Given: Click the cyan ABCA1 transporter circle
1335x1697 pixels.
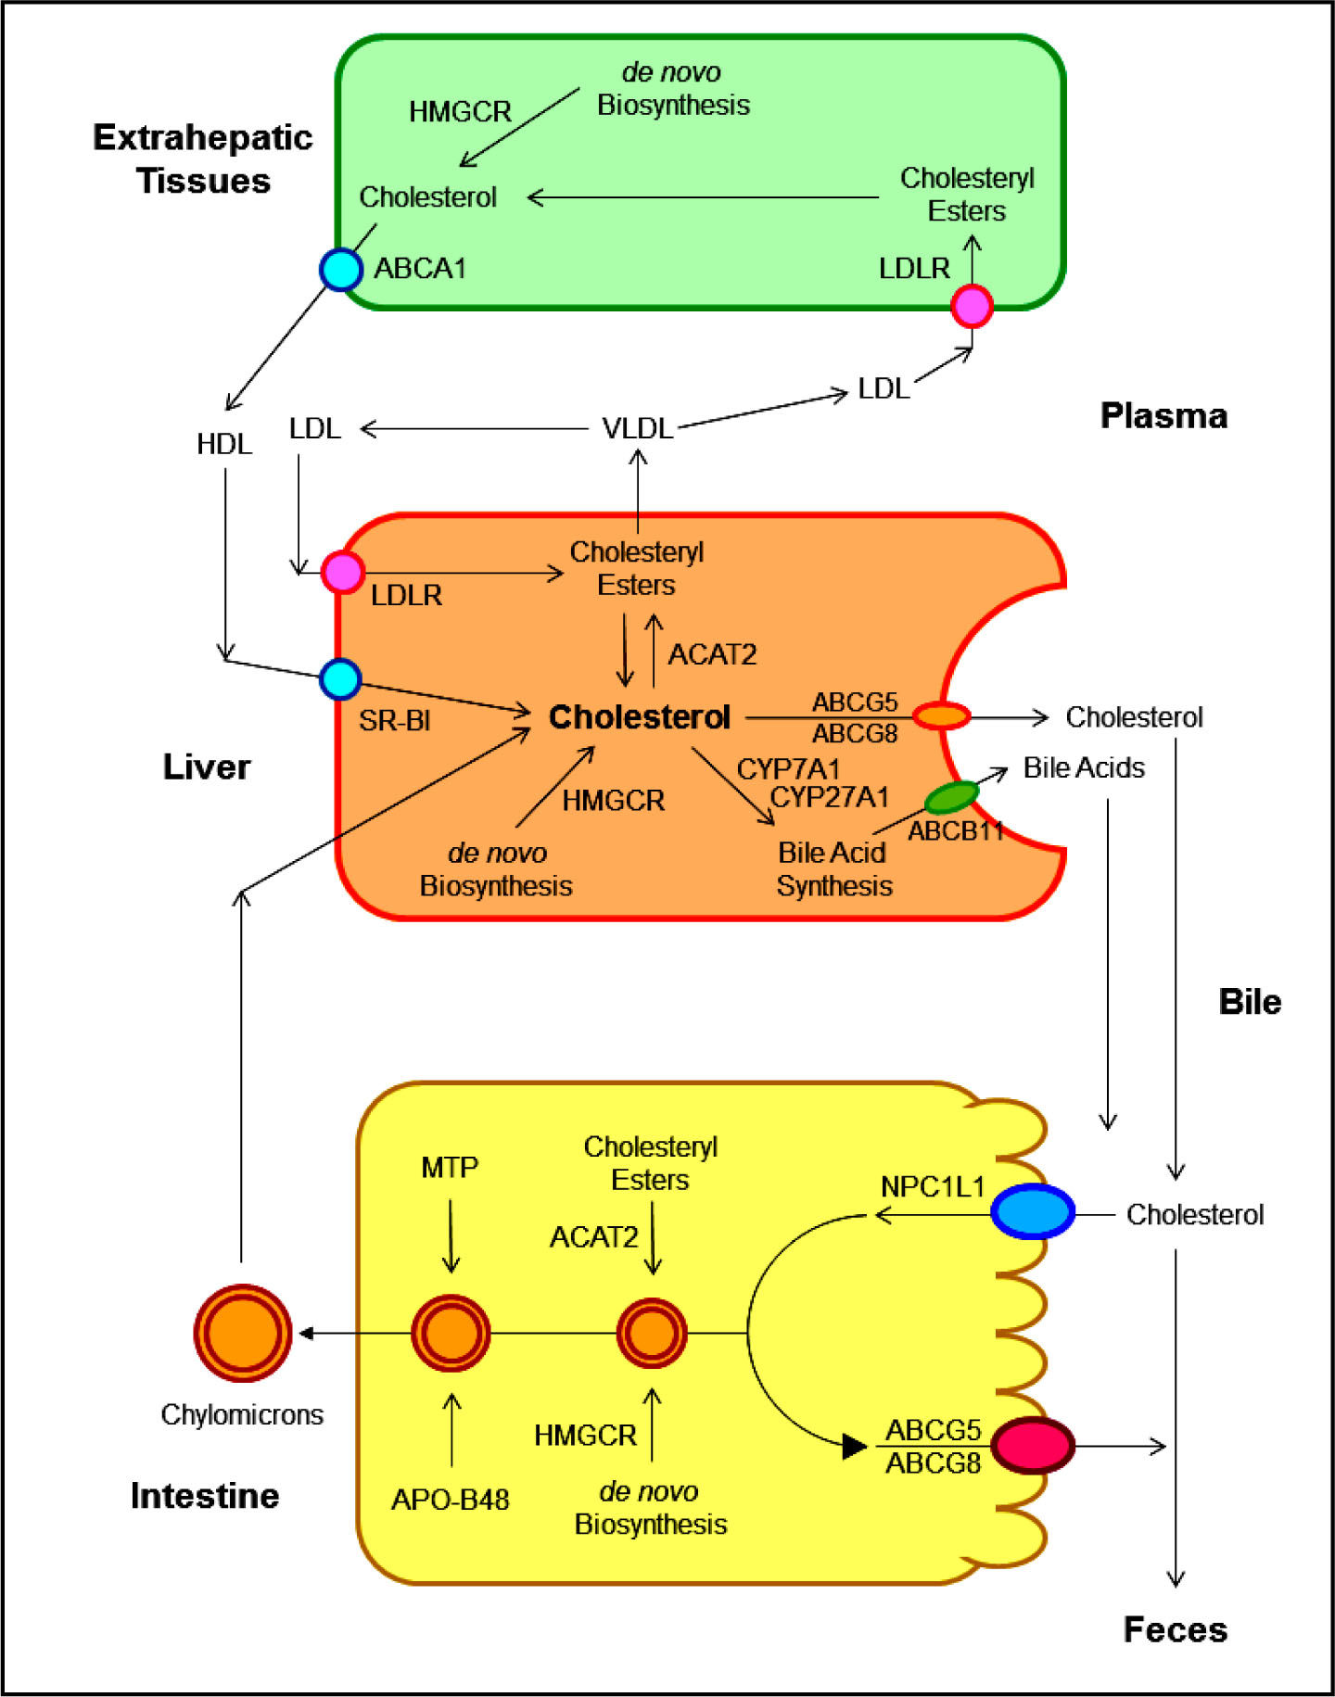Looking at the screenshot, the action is [x=341, y=270].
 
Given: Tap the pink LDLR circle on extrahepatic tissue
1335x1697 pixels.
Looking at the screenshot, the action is [x=972, y=306].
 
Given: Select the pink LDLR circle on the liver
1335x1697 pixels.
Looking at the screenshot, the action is [x=342, y=572].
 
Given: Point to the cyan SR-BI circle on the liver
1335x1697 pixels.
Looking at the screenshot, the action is [x=340, y=679].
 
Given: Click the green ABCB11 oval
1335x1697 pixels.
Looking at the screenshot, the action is [x=952, y=797].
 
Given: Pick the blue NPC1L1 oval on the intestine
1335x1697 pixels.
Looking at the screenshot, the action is [x=1033, y=1210].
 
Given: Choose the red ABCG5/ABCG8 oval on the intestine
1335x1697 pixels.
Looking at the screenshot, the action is [x=1033, y=1445].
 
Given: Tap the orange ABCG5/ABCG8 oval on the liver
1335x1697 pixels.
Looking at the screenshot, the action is [x=942, y=716].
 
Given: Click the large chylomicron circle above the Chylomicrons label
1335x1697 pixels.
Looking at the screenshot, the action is [x=243, y=1333].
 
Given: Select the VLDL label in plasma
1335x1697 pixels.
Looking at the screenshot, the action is [x=637, y=428].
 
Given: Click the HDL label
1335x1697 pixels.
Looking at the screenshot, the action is [x=224, y=444].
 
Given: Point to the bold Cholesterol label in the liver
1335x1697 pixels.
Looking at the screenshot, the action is [x=640, y=716].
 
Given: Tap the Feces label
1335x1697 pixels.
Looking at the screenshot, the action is [x=1176, y=1628].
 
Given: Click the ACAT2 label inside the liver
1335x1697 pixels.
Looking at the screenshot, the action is [x=712, y=654].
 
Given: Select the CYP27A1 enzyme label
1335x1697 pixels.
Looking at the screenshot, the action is [x=830, y=797].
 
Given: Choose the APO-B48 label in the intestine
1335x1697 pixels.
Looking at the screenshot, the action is [x=451, y=1499].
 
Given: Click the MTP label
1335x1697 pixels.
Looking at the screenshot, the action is [x=450, y=1167].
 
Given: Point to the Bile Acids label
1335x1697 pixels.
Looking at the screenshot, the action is [x=1084, y=767].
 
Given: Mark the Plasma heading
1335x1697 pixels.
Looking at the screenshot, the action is [x=1163, y=415].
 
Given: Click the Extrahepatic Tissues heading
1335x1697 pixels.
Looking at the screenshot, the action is [x=203, y=158].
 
